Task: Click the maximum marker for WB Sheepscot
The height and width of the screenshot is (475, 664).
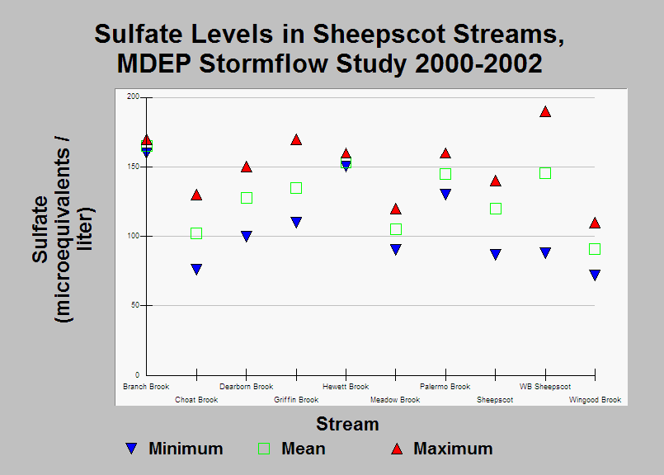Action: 545,112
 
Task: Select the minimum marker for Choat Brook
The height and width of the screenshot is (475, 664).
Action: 196,270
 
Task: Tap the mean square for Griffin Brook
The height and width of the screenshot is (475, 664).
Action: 296,188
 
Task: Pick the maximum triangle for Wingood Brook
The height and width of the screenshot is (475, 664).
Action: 595,223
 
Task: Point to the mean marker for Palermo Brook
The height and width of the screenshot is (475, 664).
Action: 445,174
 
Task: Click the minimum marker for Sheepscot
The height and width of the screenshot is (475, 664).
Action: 496,255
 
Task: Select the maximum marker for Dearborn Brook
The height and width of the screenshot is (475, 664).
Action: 247,167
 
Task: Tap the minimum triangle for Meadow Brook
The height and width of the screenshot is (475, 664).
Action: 396,249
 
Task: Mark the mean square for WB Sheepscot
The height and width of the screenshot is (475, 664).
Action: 545,173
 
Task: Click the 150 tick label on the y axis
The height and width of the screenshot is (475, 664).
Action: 133,167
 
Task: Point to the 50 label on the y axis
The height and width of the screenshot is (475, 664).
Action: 135,305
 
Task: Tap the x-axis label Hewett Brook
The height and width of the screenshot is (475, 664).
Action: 346,387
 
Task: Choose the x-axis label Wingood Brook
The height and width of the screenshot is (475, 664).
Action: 595,400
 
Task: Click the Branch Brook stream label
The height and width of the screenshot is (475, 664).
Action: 146,387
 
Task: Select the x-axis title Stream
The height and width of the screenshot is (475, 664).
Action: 347,424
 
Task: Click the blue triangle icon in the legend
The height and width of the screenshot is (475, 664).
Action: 132,449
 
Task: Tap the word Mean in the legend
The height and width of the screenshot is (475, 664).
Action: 304,449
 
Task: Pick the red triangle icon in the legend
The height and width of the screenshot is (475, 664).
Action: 397,449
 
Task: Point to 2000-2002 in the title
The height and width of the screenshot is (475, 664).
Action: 478,63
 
